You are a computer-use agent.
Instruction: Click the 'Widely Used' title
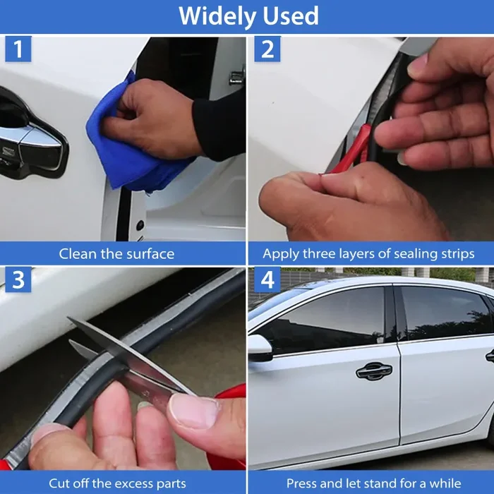248,16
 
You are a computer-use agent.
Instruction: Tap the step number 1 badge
18,49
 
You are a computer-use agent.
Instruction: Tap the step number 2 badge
267,49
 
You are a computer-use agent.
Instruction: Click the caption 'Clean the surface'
116,253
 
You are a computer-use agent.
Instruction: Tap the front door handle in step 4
374,371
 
